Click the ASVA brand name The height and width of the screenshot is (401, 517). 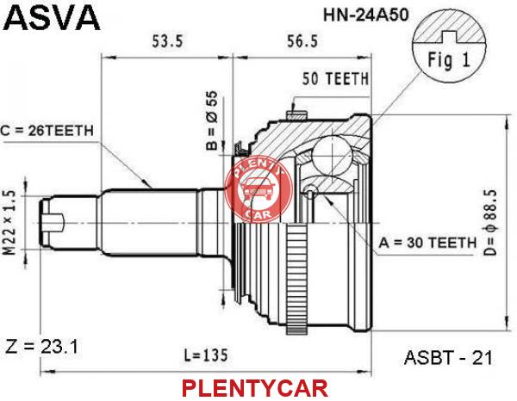[x=52, y=18]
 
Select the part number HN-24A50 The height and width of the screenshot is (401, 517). [x=365, y=15]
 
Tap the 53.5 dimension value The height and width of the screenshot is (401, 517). [x=167, y=41]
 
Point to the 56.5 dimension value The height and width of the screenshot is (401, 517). [x=302, y=41]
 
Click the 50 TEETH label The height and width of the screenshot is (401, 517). [x=335, y=78]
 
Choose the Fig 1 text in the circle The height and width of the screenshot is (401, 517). [x=448, y=60]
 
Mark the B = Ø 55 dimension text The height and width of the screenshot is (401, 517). [x=212, y=120]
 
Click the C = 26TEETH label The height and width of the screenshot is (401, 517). [x=47, y=131]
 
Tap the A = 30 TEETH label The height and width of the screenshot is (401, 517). [x=427, y=243]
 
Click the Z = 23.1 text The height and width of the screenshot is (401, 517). [x=42, y=347]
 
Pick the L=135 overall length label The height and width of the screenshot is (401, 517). [x=206, y=355]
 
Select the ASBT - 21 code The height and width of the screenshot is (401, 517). [x=448, y=357]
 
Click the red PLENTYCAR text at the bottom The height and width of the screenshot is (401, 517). [x=255, y=388]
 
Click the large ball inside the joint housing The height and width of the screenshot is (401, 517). [x=333, y=154]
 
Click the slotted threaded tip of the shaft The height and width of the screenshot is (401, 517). [x=52, y=223]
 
